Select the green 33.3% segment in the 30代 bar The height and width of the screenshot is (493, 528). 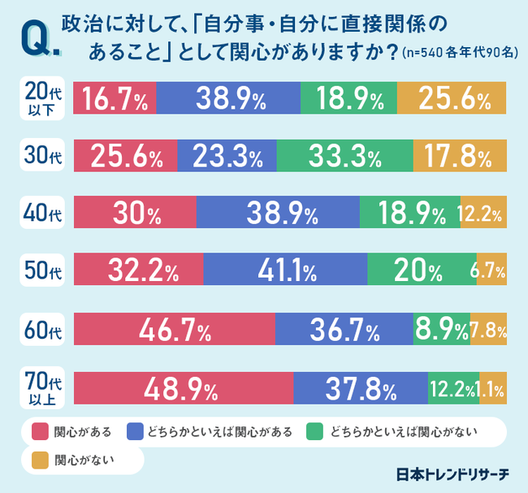344,156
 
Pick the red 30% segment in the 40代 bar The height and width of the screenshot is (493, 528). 135,214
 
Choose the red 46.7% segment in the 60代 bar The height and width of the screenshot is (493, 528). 175,329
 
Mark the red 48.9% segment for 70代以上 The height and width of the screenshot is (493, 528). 184,387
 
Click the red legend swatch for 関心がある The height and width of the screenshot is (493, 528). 39,430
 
